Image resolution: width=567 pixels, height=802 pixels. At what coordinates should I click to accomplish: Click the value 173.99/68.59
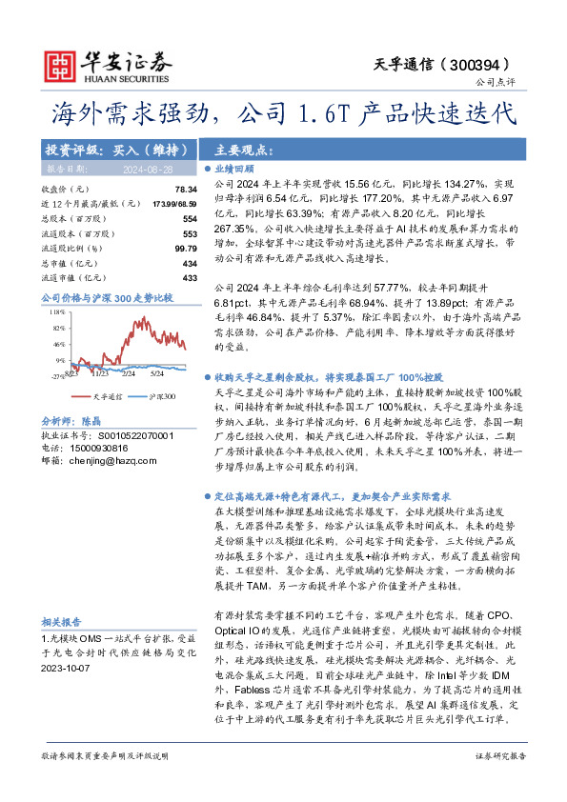(174, 205)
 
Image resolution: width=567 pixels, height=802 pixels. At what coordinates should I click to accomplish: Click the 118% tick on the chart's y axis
(56, 311)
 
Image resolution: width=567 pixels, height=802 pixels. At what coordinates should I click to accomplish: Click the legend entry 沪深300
(161, 395)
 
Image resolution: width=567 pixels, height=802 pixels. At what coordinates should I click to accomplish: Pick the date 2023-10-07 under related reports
(70, 669)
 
